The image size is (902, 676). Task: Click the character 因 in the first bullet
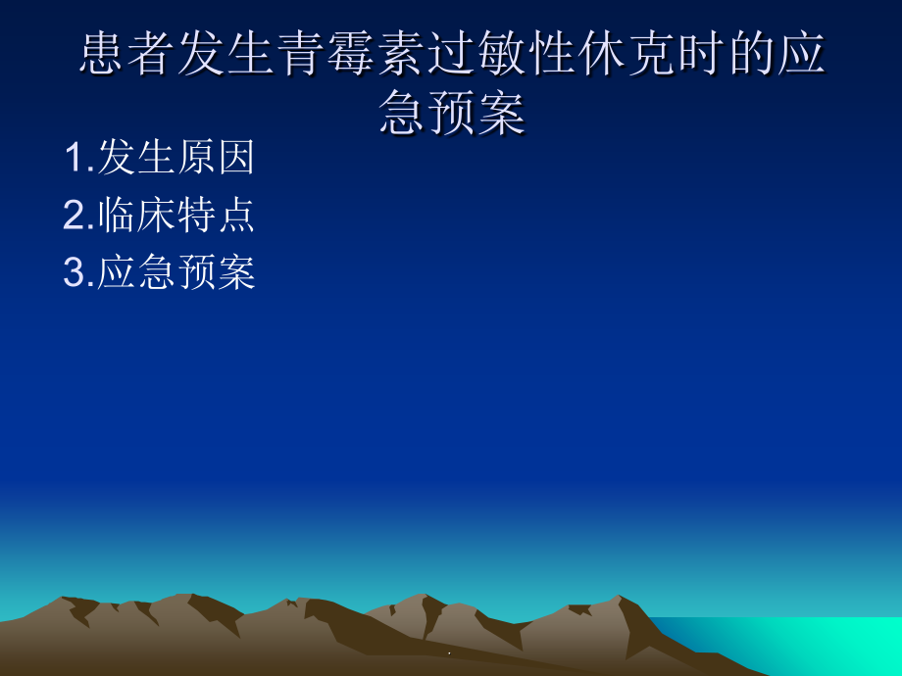[x=236, y=158]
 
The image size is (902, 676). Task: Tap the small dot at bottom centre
[x=449, y=652]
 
